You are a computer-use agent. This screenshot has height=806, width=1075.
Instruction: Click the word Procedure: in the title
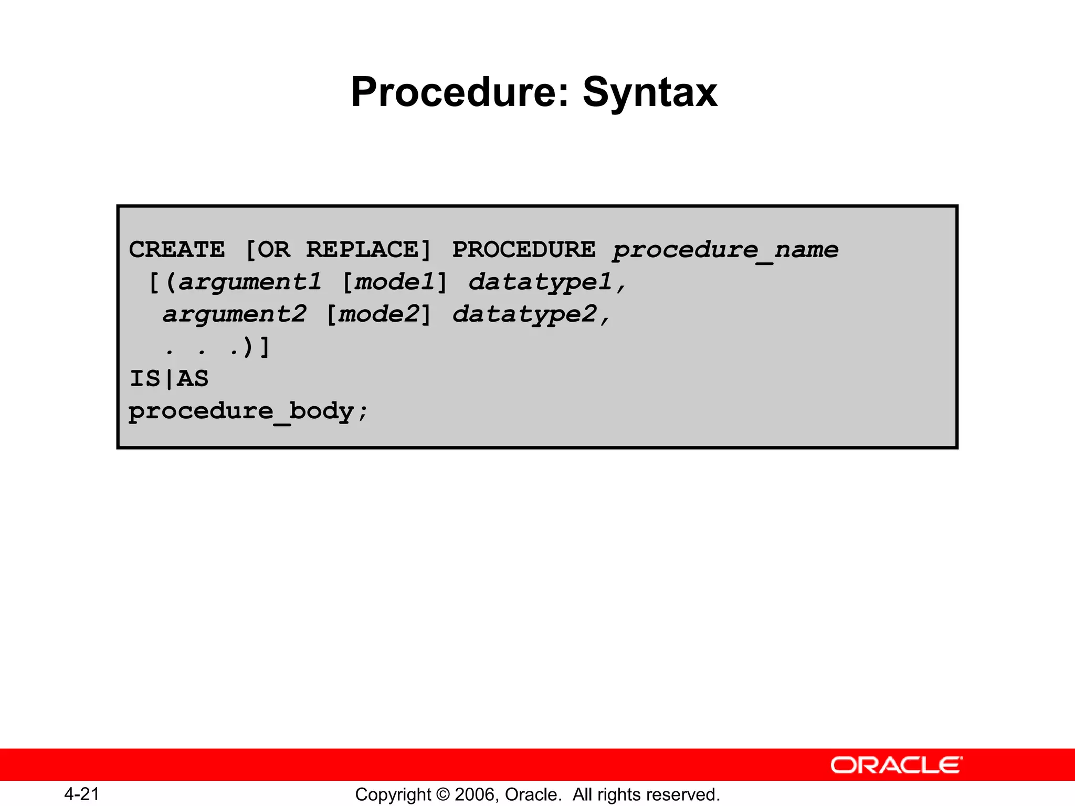(460, 92)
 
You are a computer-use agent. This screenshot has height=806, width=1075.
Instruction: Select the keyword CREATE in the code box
(177, 250)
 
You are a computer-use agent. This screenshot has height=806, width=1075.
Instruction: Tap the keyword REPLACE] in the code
(368, 250)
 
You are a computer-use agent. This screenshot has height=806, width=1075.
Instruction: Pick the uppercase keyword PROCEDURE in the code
(524, 250)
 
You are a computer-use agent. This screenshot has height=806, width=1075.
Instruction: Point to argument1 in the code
(250, 283)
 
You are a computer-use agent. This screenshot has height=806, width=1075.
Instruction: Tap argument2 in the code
(235, 315)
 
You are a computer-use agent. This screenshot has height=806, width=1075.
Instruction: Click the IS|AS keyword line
(169, 379)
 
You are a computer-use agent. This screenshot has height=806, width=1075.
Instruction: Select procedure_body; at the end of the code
(249, 412)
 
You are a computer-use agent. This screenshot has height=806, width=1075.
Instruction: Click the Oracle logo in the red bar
(897, 765)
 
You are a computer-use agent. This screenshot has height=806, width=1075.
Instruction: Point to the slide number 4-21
(82, 794)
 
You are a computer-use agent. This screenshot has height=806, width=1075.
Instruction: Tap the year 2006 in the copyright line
(477, 794)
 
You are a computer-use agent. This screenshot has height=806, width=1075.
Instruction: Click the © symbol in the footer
(443, 794)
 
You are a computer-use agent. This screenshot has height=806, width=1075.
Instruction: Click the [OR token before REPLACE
(268, 250)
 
